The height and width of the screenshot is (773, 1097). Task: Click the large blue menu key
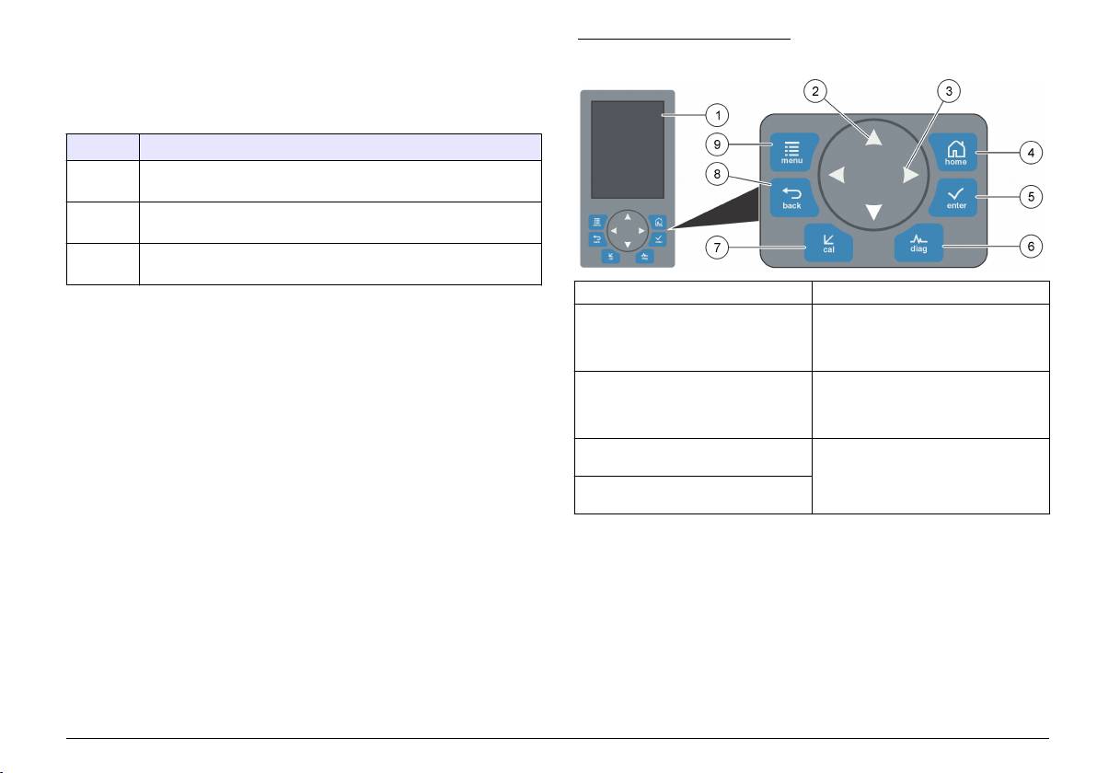(x=793, y=152)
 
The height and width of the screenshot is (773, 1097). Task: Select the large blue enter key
(x=955, y=197)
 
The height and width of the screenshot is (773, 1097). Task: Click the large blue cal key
(x=828, y=243)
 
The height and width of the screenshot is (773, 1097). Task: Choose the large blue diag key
(x=918, y=243)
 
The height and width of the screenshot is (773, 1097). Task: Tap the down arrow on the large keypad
(x=873, y=212)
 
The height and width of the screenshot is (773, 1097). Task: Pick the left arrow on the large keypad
(x=837, y=175)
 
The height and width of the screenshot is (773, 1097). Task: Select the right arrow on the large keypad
(x=910, y=175)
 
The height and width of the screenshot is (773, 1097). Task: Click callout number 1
(x=717, y=115)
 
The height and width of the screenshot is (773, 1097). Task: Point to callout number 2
(x=815, y=91)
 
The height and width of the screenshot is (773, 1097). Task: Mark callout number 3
(x=949, y=91)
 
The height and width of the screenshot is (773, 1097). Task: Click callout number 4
(x=1031, y=152)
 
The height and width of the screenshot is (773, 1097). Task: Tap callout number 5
(x=1031, y=197)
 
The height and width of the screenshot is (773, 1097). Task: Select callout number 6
(x=1031, y=247)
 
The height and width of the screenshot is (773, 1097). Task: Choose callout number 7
(x=717, y=247)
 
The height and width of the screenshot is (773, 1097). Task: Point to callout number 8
(x=717, y=174)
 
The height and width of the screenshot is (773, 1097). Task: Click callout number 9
(x=717, y=144)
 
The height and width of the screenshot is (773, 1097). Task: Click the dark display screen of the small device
(x=628, y=150)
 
